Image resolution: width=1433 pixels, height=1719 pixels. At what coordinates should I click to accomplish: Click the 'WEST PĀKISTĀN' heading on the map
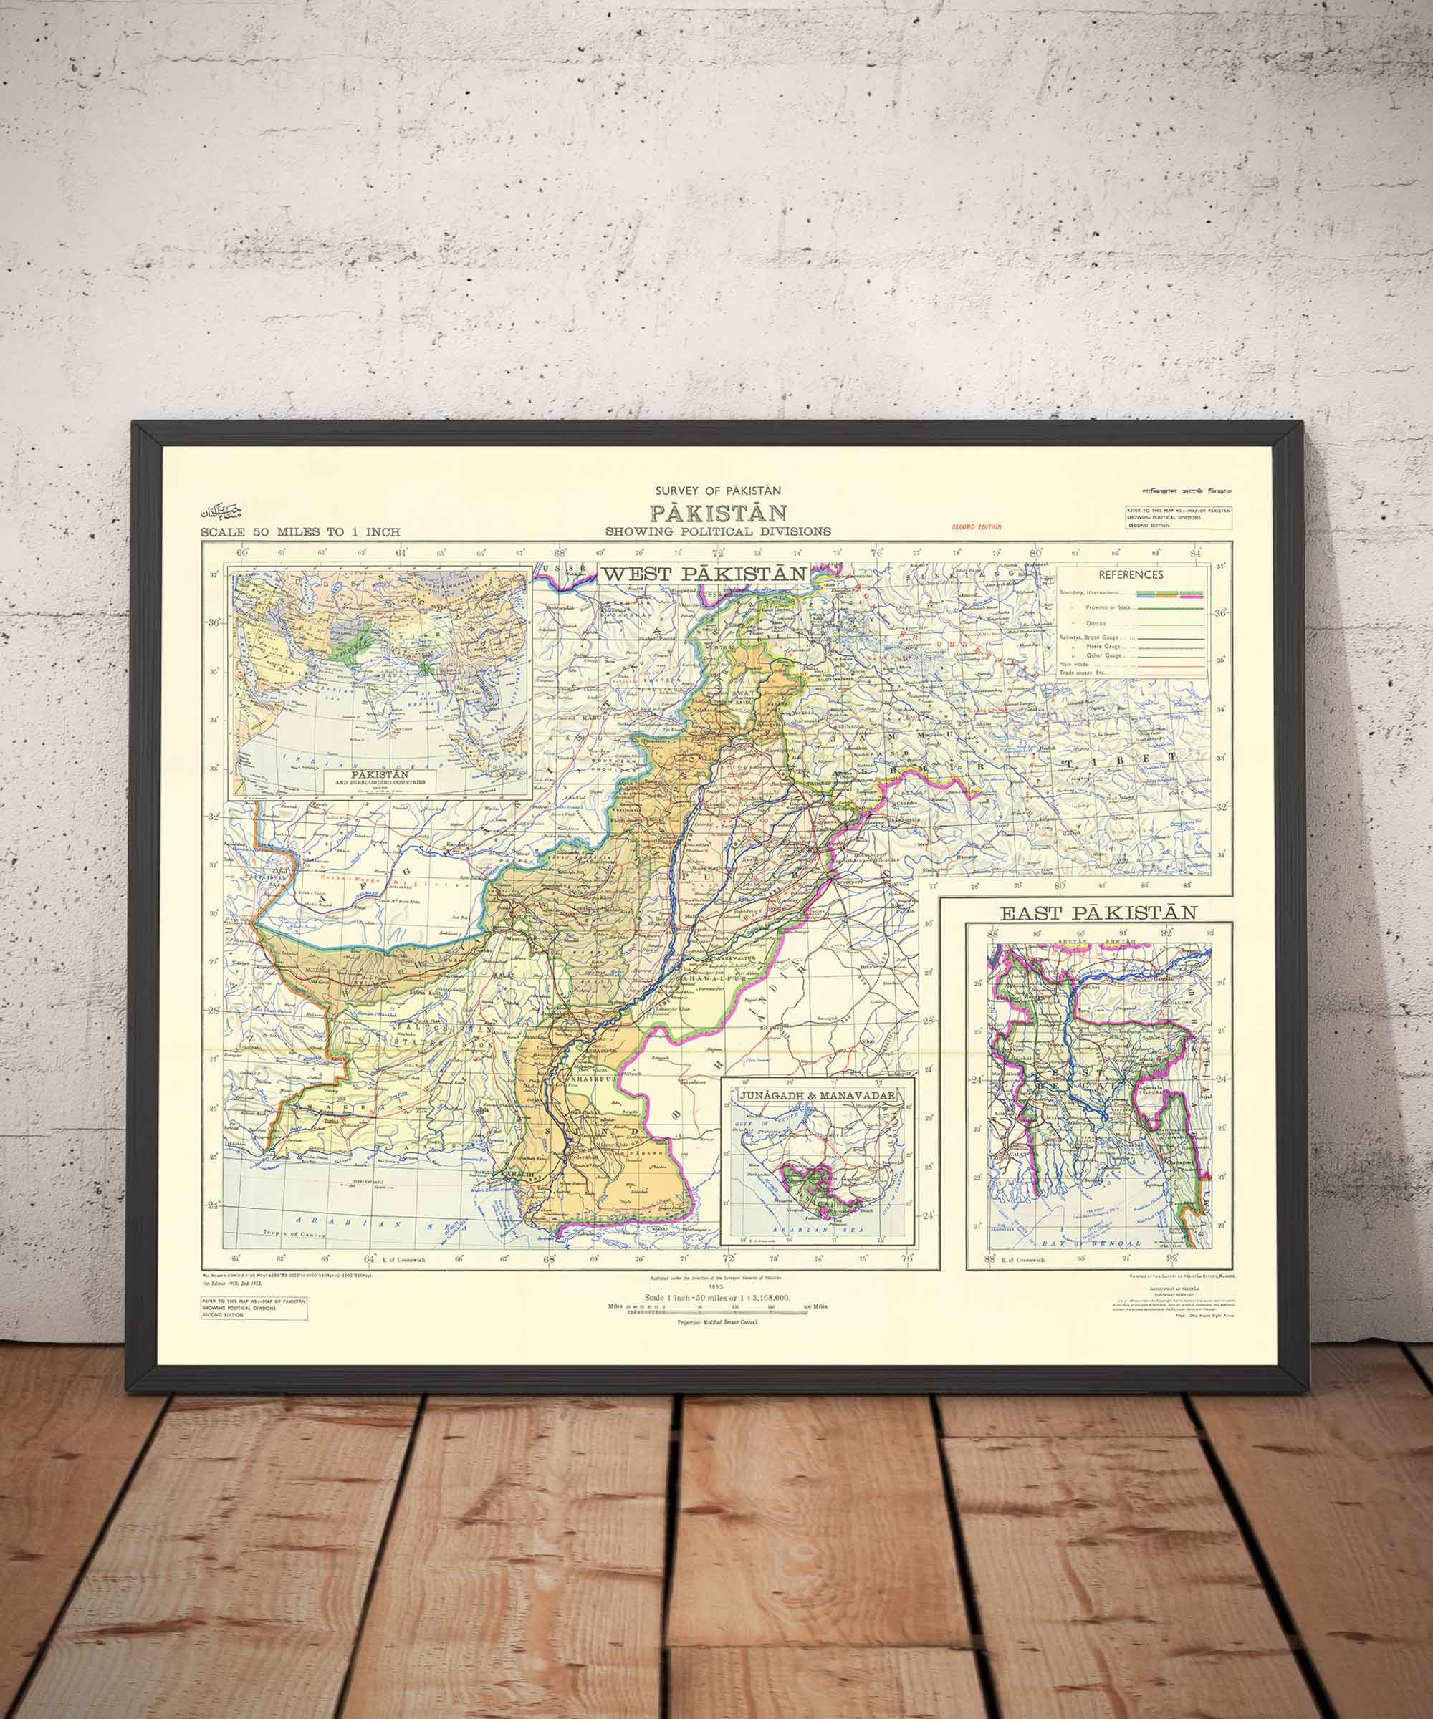click(705, 574)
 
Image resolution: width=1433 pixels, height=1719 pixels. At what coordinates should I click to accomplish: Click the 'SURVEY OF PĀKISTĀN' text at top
click(718, 491)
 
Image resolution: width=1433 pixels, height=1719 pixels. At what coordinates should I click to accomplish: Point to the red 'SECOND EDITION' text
click(976, 526)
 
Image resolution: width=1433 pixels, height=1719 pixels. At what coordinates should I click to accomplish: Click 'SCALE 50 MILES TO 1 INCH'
click(300, 532)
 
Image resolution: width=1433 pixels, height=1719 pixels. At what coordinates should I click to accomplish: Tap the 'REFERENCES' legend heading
click(1130, 574)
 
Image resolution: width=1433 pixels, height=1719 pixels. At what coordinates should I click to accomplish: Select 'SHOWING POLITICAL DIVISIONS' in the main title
click(718, 531)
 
